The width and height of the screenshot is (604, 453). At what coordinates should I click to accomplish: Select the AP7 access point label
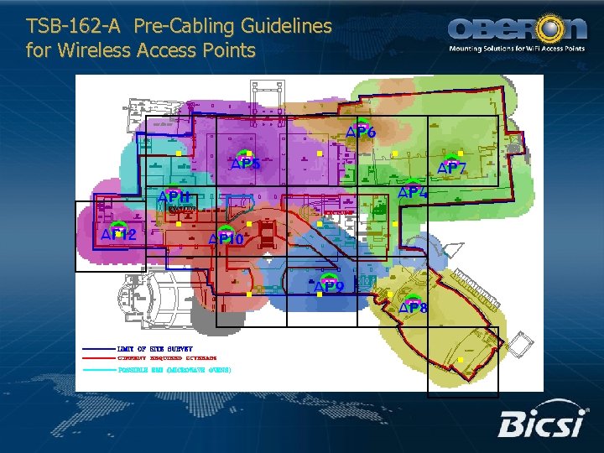tap(452, 169)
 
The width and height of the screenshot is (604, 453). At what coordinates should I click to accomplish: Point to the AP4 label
tap(413, 193)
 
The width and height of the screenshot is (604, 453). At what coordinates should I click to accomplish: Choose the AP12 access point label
tap(118, 235)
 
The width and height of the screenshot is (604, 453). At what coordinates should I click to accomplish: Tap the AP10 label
tap(226, 240)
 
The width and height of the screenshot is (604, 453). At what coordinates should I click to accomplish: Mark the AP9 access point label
tap(329, 287)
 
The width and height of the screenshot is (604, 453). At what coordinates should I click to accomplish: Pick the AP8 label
tap(412, 308)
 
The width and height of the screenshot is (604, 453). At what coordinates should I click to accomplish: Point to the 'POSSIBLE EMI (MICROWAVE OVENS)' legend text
tap(174, 369)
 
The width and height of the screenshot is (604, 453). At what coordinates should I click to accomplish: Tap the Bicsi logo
tap(540, 424)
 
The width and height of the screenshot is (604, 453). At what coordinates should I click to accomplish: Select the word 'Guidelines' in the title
tap(283, 27)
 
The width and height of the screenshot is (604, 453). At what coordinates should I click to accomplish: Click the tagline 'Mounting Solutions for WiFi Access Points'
tap(518, 49)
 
